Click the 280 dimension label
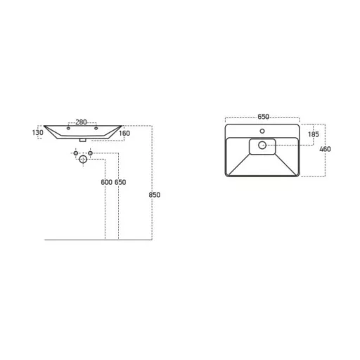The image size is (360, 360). [x=81, y=122]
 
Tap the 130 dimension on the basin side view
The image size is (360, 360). [x=38, y=133]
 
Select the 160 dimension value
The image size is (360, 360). [x=124, y=134]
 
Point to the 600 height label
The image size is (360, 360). [x=107, y=182]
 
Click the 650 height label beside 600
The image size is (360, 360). [x=120, y=182]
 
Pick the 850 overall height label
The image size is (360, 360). [x=155, y=195]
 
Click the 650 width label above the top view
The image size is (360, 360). [x=263, y=117]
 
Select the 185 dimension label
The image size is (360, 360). [x=314, y=134]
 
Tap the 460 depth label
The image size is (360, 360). [x=325, y=149]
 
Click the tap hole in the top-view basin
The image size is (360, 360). [x=262, y=131]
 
